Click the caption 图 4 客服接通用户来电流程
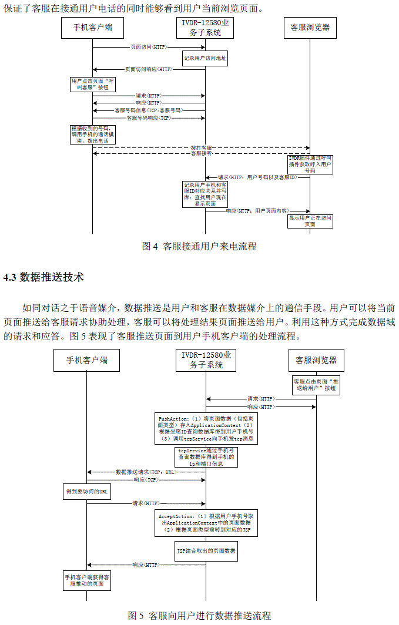click(x=199, y=247)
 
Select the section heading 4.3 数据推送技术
click(x=44, y=277)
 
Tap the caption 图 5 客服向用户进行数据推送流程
click(x=199, y=616)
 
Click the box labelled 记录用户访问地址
click(x=205, y=58)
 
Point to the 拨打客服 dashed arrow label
click(x=202, y=147)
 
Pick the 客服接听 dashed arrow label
click(x=202, y=153)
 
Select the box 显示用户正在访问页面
click(x=310, y=221)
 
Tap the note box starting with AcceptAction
click(x=205, y=523)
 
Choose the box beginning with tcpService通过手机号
click(x=205, y=456)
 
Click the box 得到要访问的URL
click(x=87, y=492)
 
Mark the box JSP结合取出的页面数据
click(x=206, y=551)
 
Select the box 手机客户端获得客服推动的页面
click(x=87, y=580)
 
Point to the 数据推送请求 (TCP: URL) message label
click(x=146, y=472)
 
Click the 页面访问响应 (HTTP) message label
click(x=149, y=69)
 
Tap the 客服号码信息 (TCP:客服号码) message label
click(x=148, y=110)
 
